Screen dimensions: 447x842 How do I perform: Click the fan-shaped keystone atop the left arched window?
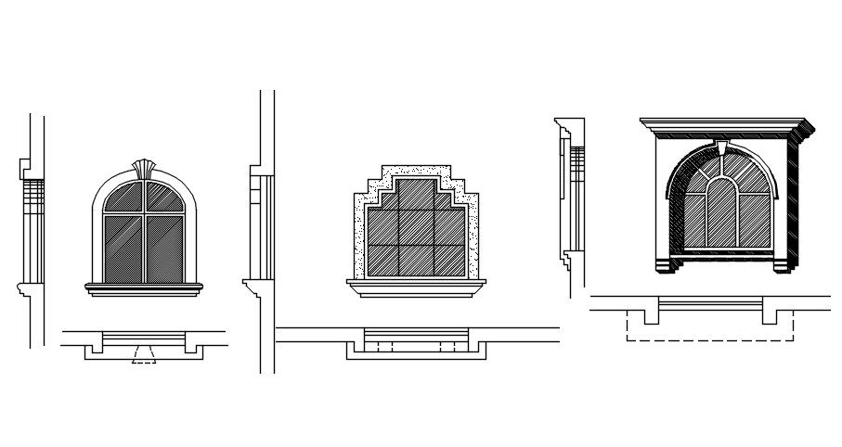pos(143,168)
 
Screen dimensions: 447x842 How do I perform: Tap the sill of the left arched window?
pos(143,287)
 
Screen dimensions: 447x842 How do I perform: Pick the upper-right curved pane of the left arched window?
pos(162,198)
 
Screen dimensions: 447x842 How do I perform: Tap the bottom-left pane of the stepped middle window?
pos(382,259)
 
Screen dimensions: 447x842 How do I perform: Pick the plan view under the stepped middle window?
pos(417,343)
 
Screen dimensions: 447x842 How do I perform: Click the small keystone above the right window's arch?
pos(723,147)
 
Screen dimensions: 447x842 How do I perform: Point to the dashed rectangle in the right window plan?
pos(711,332)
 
